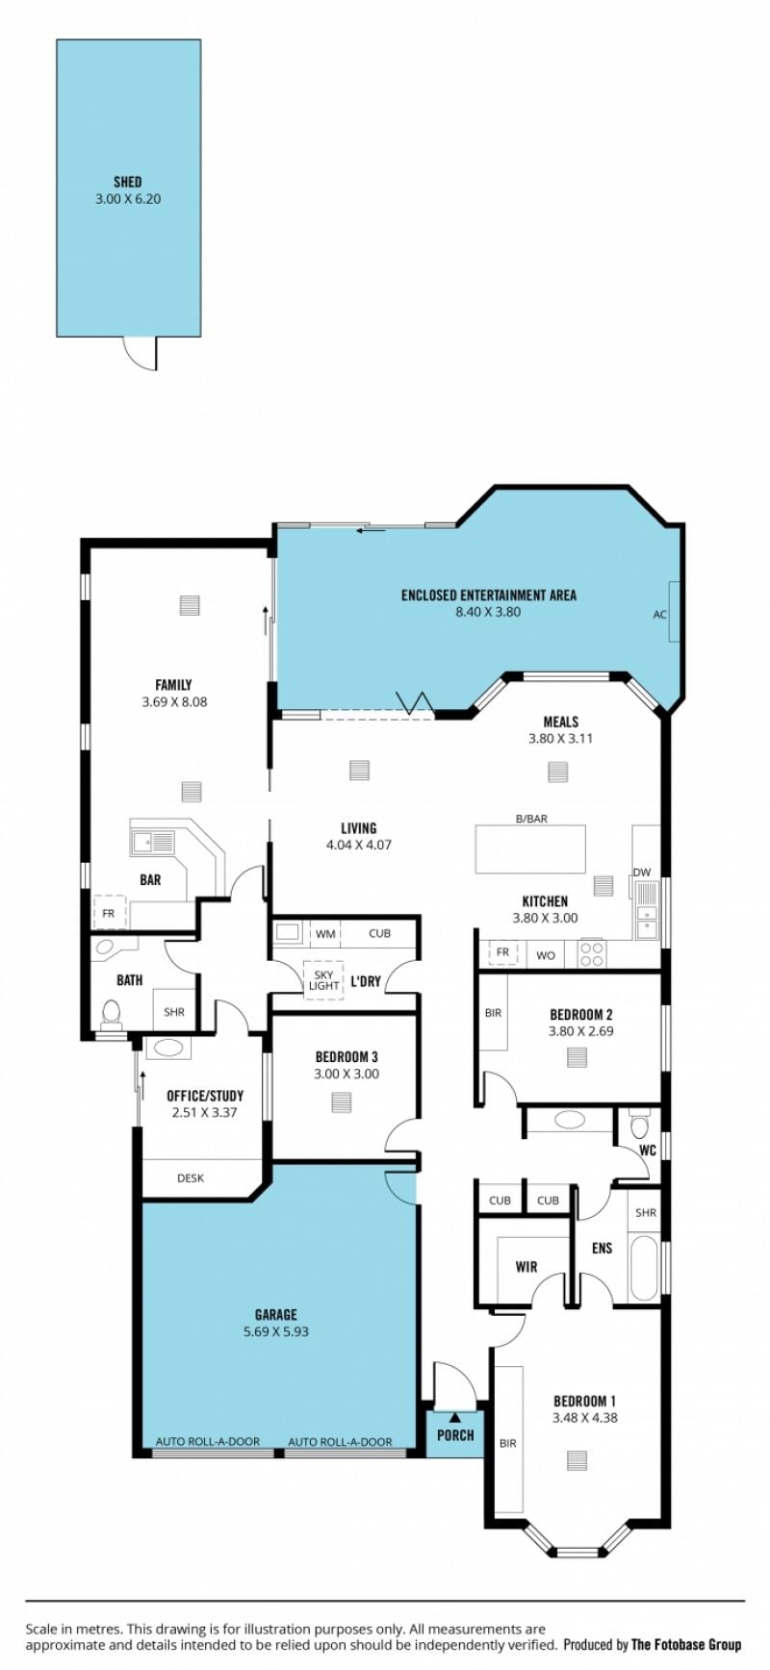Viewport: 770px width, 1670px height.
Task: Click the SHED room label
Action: [127, 182]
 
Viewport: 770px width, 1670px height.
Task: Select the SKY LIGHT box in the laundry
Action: [323, 980]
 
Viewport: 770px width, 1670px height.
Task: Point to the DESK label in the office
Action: [191, 1177]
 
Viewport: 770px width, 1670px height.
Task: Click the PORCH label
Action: [455, 1435]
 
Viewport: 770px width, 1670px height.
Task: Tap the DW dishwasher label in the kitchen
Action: [642, 873]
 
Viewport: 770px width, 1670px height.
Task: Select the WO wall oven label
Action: [546, 955]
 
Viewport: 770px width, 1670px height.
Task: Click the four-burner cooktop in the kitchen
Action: [591, 953]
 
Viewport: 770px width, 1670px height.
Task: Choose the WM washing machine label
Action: [325, 933]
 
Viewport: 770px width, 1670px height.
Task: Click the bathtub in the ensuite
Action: [644, 1268]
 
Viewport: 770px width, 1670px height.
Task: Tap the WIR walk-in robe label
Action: [526, 1267]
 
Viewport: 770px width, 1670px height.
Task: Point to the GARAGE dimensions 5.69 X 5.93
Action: [276, 1332]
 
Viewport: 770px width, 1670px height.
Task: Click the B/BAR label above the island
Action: [531, 819]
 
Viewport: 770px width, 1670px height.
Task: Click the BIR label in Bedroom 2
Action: [493, 1013]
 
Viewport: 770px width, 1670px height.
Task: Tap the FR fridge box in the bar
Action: [109, 913]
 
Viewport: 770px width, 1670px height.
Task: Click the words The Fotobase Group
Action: [686, 1645]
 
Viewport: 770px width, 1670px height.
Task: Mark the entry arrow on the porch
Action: [454, 1417]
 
